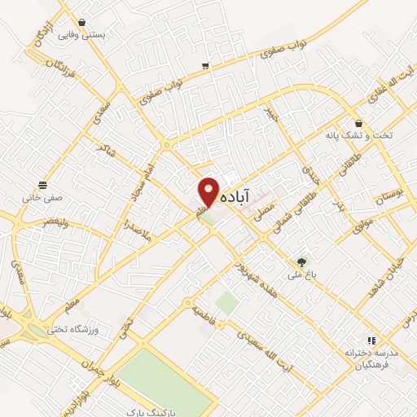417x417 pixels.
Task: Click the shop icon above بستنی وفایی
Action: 81,23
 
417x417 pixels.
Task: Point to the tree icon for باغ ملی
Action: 303,261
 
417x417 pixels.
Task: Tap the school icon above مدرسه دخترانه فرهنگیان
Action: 372,340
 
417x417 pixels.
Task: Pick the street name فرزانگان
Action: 51,58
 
